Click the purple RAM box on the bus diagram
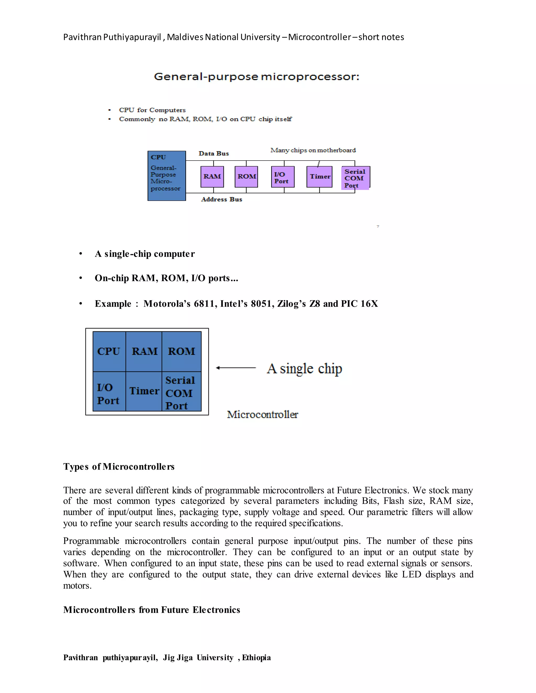tap(212, 177)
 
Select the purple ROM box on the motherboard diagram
tap(246, 177)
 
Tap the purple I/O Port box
tap(283, 177)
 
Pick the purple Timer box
tap(320, 177)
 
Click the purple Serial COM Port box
tap(355, 178)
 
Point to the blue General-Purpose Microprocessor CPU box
tap(167, 176)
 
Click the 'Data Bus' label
tap(214, 154)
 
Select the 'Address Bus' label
tap(222, 200)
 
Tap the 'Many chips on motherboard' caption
tap(313, 150)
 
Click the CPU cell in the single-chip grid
tap(109, 351)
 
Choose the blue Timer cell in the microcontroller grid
tap(144, 391)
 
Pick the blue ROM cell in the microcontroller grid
tap(182, 351)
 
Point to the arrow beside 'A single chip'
tap(236, 368)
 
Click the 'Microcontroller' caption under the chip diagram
tap(263, 414)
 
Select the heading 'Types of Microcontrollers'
tap(119, 467)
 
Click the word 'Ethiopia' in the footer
tap(256, 657)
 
